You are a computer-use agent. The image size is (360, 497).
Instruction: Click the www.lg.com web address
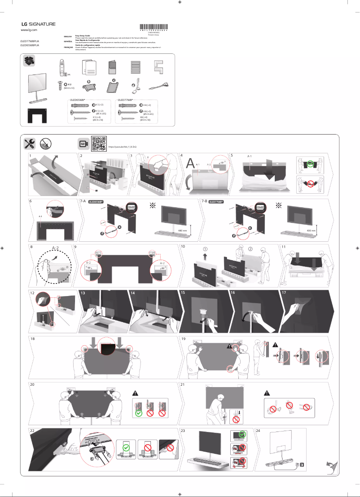tap(29, 30)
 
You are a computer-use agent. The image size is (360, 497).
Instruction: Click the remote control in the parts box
tap(63, 68)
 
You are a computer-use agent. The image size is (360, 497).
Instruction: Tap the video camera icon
tap(83, 144)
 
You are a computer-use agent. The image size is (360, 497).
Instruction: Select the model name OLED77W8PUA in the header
tap(30, 41)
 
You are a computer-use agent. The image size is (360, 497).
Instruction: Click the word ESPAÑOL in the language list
tap(68, 41)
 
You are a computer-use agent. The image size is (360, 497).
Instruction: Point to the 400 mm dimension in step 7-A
tap(182, 230)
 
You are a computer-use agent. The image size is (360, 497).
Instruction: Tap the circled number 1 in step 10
tap(205, 249)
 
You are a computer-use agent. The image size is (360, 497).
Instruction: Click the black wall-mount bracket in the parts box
tap(36, 115)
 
